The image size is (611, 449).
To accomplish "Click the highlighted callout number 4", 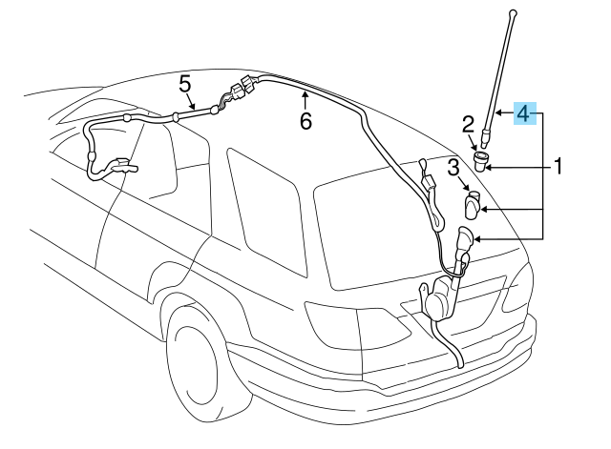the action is tap(524, 113).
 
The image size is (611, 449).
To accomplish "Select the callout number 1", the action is tap(558, 166).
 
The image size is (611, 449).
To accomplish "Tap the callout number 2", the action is tap(468, 125).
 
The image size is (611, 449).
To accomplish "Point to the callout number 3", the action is tap(453, 168).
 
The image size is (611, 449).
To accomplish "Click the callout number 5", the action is tap(185, 85).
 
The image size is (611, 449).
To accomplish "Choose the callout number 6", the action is tap(305, 121).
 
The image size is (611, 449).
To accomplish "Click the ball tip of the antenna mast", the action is tap(514, 14).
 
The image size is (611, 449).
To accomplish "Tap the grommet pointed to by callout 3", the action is tap(473, 205).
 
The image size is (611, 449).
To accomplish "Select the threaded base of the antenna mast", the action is tap(485, 139).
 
